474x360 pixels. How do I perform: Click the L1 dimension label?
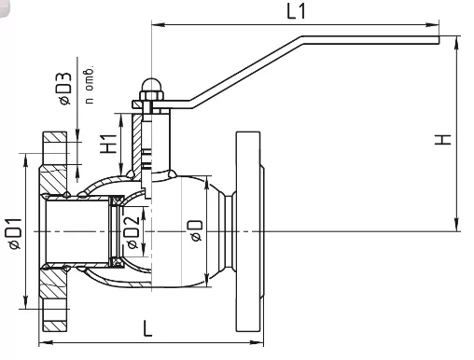click(x=296, y=12)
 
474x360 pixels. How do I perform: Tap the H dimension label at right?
click(x=442, y=139)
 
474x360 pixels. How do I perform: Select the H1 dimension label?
click(x=108, y=144)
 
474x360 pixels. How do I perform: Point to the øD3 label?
click(x=64, y=90)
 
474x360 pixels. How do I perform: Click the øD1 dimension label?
click(x=15, y=234)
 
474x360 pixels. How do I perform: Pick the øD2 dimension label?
click(x=132, y=232)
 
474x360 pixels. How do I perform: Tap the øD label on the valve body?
click(x=196, y=230)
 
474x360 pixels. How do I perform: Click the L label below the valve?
click(x=147, y=329)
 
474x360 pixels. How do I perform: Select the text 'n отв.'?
click(x=90, y=85)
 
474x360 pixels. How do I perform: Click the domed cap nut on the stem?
click(x=151, y=85)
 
